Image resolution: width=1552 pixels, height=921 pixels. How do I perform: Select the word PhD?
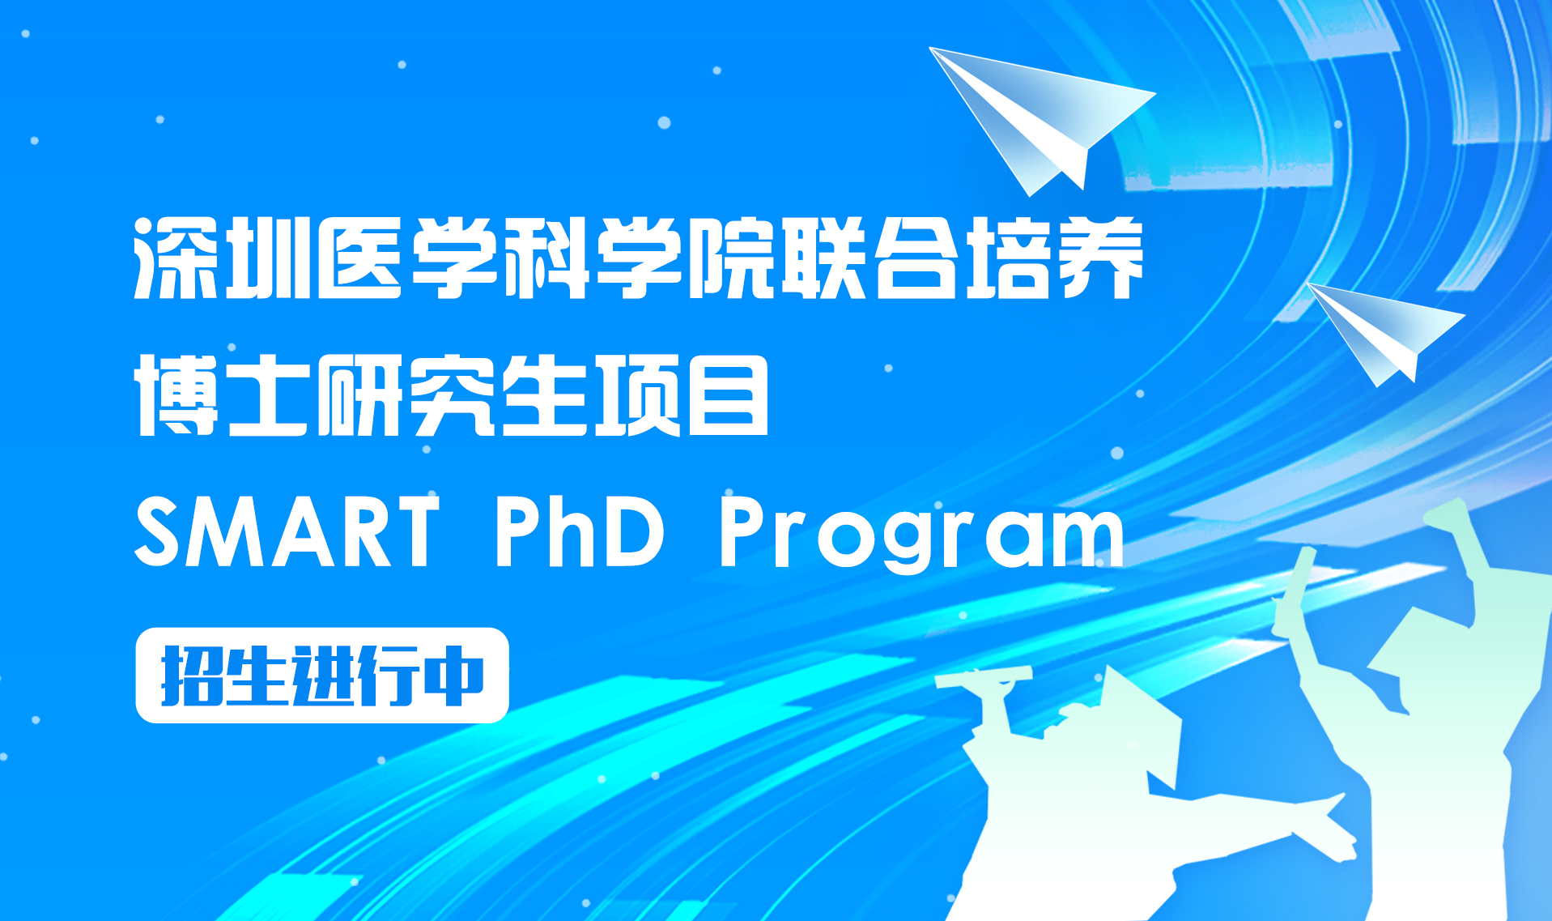[580, 532]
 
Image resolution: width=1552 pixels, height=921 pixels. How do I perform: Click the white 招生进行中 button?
[322, 675]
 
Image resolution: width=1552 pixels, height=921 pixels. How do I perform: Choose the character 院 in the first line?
[730, 258]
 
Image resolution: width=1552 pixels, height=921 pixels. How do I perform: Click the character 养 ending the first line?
[1101, 258]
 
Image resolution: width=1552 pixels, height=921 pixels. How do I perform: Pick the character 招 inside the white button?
[193, 676]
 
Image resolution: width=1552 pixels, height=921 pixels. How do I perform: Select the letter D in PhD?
[634, 532]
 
